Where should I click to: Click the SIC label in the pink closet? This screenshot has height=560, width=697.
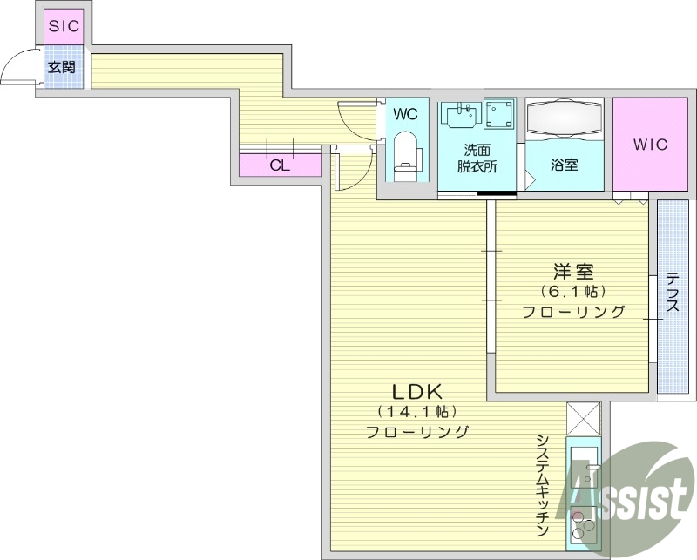pos(64,26)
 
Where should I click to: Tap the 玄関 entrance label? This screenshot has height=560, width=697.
pos(62,67)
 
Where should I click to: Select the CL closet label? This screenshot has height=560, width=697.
pos(279,165)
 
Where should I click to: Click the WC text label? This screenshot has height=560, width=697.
pos(405,114)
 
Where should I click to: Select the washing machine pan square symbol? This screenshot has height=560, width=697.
pos(499,115)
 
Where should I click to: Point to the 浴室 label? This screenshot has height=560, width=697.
pos(564,164)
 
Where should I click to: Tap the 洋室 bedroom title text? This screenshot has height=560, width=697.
pos(572,270)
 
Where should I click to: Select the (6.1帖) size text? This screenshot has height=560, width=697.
pos(572,291)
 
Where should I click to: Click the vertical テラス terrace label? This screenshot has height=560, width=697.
pos(673,293)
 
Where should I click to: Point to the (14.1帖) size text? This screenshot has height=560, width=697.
pos(416,411)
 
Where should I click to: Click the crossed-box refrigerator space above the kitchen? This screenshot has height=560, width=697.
pos(583,419)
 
